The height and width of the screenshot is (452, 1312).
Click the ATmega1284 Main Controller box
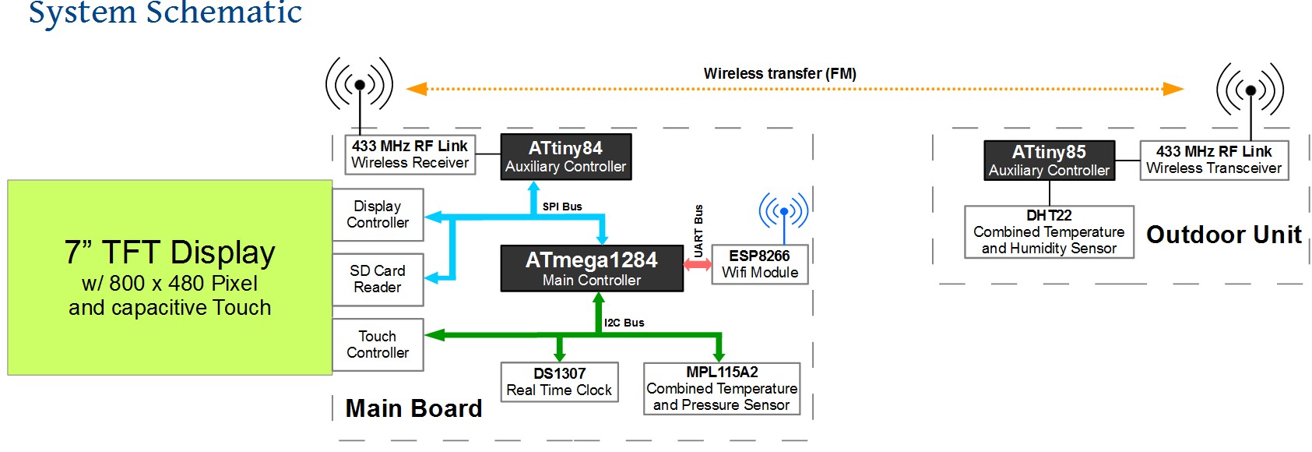click(x=592, y=269)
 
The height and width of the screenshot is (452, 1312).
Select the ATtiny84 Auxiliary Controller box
click(x=565, y=157)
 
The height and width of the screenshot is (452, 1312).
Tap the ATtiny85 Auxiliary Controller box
click(x=1049, y=161)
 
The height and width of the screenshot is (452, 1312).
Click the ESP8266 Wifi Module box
click(x=759, y=264)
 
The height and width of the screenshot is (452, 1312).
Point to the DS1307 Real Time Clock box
click(x=559, y=382)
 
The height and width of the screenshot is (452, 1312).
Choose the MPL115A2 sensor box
click(x=721, y=388)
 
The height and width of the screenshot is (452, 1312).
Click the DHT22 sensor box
click(x=1049, y=231)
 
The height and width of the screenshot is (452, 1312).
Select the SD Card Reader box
click(x=378, y=279)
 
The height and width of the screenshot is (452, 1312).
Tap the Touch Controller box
click(x=378, y=344)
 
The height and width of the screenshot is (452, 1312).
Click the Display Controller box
click(x=378, y=214)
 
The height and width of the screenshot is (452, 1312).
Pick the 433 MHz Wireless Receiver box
click(x=410, y=154)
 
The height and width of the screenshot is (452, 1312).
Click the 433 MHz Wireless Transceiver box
click(x=1213, y=160)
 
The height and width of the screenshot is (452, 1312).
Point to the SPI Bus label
click(x=562, y=207)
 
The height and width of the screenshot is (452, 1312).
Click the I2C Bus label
click(x=624, y=323)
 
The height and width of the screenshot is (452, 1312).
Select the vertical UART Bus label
click(x=698, y=231)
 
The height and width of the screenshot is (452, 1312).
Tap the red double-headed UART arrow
click(x=697, y=265)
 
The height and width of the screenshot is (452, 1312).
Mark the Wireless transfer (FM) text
click(x=779, y=73)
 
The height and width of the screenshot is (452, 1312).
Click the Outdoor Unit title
click(x=1224, y=235)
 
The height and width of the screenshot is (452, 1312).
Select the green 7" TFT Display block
click(x=170, y=277)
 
